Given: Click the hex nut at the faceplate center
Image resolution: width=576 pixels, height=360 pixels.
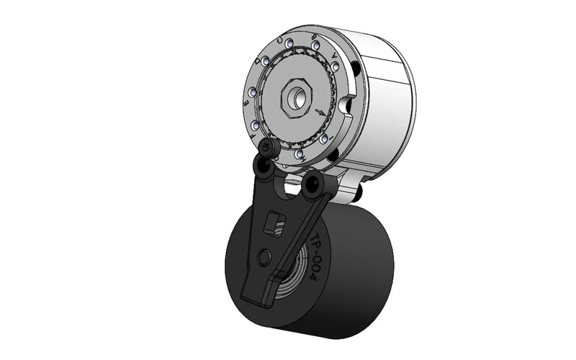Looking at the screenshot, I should [296, 96].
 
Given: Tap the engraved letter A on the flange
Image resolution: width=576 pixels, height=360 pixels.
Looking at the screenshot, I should [333, 55].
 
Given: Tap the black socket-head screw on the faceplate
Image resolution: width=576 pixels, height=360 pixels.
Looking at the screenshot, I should [267, 149].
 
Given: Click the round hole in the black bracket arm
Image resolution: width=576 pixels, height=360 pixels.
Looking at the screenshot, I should [264, 256].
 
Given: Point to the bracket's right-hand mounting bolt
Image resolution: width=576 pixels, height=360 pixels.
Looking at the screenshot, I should [313, 186].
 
